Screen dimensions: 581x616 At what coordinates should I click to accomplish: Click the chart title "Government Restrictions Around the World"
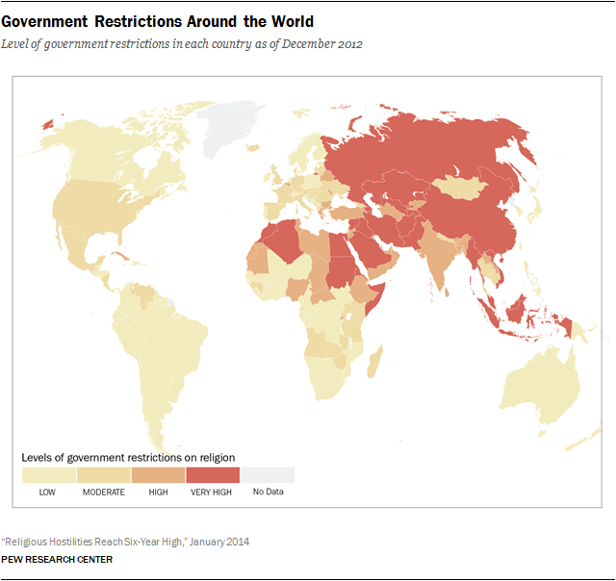tap(163, 21)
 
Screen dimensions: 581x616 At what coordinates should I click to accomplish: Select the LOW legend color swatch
tap(48, 474)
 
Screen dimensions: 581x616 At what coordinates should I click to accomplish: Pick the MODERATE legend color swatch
tap(103, 474)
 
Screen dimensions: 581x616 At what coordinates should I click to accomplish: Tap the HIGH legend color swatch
tap(158, 474)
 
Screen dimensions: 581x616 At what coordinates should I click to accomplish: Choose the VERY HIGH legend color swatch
tap(213, 474)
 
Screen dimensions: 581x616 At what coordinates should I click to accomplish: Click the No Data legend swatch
tap(268, 474)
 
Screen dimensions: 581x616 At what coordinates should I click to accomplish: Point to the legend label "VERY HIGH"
tap(213, 493)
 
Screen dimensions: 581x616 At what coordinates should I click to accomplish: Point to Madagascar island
tap(372, 365)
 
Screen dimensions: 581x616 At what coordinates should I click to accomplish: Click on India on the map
tap(439, 255)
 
